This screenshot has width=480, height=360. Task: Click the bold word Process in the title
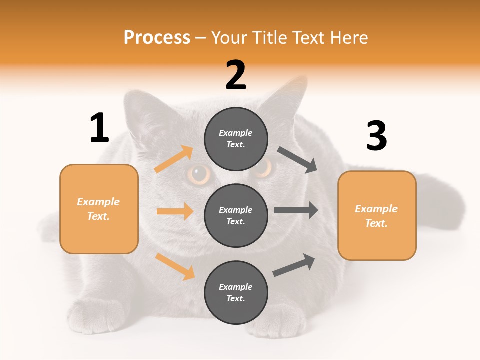(157, 37)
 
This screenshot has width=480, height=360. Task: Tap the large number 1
(99, 128)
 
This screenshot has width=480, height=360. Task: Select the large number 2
(236, 75)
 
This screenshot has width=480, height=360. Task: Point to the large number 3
(376, 136)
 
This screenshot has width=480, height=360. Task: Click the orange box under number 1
(99, 209)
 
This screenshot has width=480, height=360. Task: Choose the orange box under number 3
(377, 215)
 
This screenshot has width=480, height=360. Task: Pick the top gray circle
(236, 139)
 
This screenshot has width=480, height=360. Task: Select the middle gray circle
(236, 215)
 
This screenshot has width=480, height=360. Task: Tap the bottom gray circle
(236, 292)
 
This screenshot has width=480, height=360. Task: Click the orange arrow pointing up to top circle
(174, 159)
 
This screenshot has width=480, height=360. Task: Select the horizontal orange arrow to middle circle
(175, 211)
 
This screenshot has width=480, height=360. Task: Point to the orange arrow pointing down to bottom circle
(175, 266)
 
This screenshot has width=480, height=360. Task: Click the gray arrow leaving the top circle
(297, 160)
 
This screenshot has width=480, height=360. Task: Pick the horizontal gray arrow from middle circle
(296, 210)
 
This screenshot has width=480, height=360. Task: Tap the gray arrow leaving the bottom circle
(294, 265)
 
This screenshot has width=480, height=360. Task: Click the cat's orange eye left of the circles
(199, 174)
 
